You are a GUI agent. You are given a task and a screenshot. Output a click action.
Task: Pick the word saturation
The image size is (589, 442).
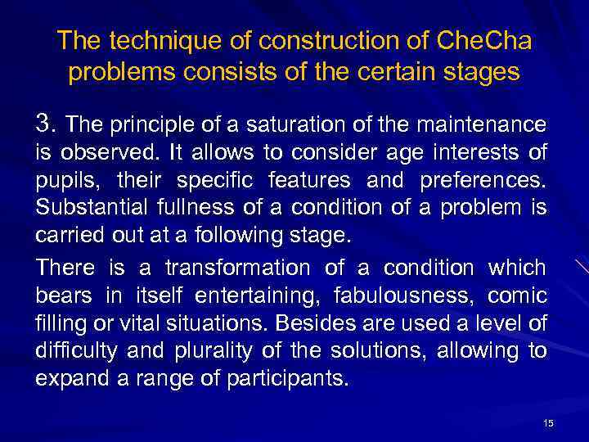coord(279,125)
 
